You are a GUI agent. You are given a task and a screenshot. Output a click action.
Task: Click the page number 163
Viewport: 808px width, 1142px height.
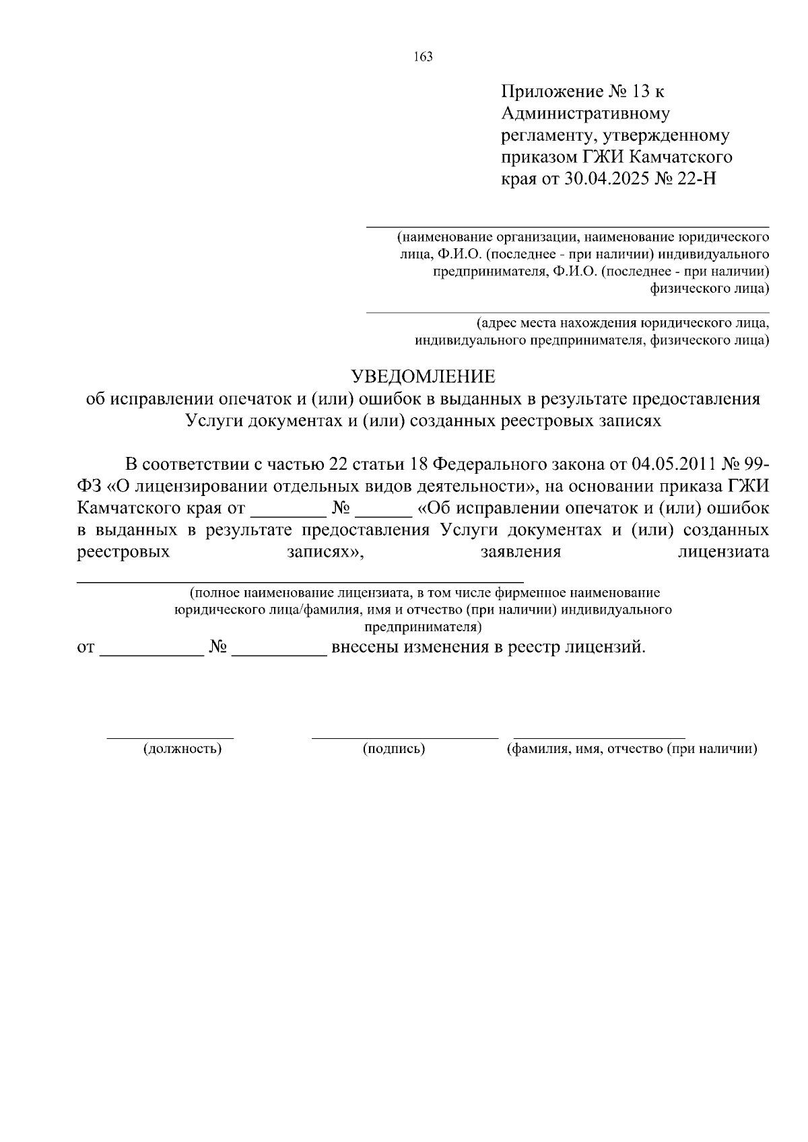(x=424, y=57)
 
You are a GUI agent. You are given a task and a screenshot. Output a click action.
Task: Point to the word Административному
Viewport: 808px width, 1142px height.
(x=585, y=113)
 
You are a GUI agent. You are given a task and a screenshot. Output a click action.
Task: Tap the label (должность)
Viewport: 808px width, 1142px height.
(x=182, y=748)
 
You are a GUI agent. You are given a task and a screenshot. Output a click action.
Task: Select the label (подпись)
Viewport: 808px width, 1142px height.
(x=394, y=748)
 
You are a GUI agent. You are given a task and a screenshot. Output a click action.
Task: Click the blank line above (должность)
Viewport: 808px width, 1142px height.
(x=170, y=738)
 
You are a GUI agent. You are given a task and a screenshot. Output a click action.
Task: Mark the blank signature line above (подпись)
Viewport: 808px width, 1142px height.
(x=405, y=738)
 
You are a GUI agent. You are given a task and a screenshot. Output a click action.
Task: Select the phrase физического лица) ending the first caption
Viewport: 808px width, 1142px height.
(x=709, y=289)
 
